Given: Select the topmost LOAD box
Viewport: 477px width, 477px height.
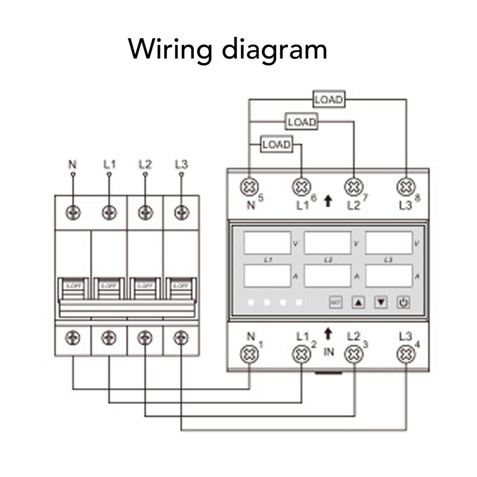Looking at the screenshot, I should [x=329, y=100].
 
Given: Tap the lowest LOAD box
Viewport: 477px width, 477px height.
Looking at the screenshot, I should [x=277, y=144].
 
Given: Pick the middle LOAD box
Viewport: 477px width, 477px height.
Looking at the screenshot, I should [x=302, y=122].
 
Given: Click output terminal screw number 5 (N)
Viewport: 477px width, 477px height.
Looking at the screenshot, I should [x=249, y=187].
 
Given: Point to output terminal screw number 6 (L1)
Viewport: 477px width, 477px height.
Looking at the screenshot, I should [x=302, y=187].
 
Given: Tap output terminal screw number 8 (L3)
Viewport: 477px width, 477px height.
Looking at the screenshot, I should [x=406, y=187].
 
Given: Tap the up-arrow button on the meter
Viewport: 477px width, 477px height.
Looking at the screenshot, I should [x=358, y=302].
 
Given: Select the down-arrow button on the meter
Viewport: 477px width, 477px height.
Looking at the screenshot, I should [x=381, y=302].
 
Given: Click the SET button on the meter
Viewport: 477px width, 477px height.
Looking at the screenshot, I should [x=336, y=302].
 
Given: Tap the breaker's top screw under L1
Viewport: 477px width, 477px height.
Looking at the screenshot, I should [x=109, y=212].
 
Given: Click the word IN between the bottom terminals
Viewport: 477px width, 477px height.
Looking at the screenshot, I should [x=329, y=352].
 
